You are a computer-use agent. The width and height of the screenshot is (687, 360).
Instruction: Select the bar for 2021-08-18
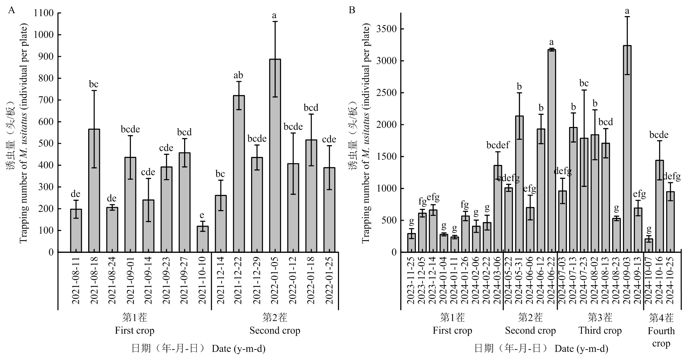94,191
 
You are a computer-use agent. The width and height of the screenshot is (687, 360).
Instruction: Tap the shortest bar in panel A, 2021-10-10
202,239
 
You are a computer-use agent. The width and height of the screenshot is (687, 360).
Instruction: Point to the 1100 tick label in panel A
44,13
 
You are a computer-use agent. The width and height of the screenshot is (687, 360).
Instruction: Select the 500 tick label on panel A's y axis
46,144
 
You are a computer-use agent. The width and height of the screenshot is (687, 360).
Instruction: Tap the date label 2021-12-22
238,281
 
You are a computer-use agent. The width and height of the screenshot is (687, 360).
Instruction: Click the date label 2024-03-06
497,281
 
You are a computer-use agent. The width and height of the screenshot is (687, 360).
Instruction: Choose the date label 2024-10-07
649,281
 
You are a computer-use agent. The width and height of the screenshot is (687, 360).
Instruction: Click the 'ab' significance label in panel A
238,75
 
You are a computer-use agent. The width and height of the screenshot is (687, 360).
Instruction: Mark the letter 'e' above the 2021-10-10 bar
202,215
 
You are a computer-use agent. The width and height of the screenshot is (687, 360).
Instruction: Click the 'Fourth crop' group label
661,337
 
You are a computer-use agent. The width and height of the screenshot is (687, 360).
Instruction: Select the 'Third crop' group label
600,331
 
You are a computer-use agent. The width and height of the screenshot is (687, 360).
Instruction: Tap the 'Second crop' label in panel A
275,331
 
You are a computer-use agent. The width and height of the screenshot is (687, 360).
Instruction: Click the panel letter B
352,10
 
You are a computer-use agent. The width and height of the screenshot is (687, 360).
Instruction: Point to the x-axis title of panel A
198,349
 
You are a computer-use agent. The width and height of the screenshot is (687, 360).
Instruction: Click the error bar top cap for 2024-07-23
584,90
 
